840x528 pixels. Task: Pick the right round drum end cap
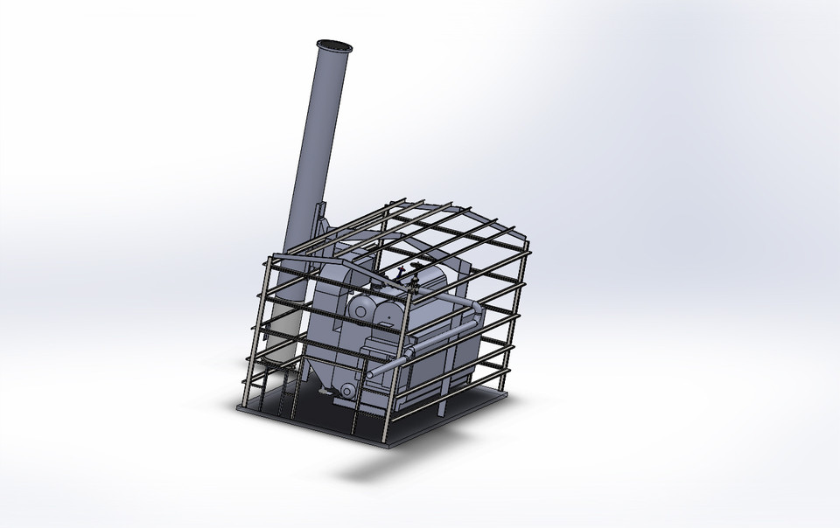click(383, 311)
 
